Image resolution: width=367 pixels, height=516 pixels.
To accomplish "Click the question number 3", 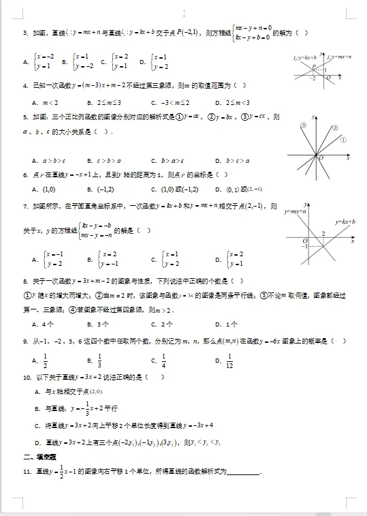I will [x=25, y=33].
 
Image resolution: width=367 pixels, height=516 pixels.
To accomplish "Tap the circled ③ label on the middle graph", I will [x=304, y=126].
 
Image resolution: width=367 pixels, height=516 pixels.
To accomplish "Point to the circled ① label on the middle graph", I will [x=343, y=140].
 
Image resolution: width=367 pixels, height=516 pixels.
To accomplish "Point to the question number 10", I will [x=27, y=377].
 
